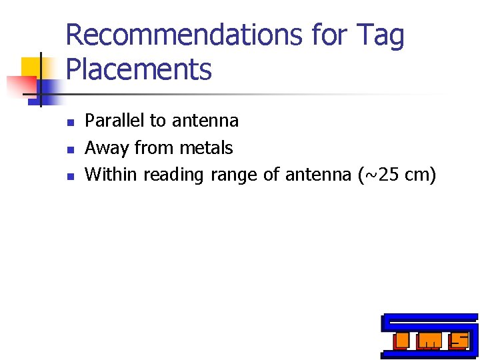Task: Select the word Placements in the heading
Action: click(x=139, y=69)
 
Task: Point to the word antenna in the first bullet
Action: click(x=205, y=121)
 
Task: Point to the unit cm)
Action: click(x=421, y=175)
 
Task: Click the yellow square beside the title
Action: click(x=31, y=67)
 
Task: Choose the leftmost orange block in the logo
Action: click(x=400, y=341)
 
